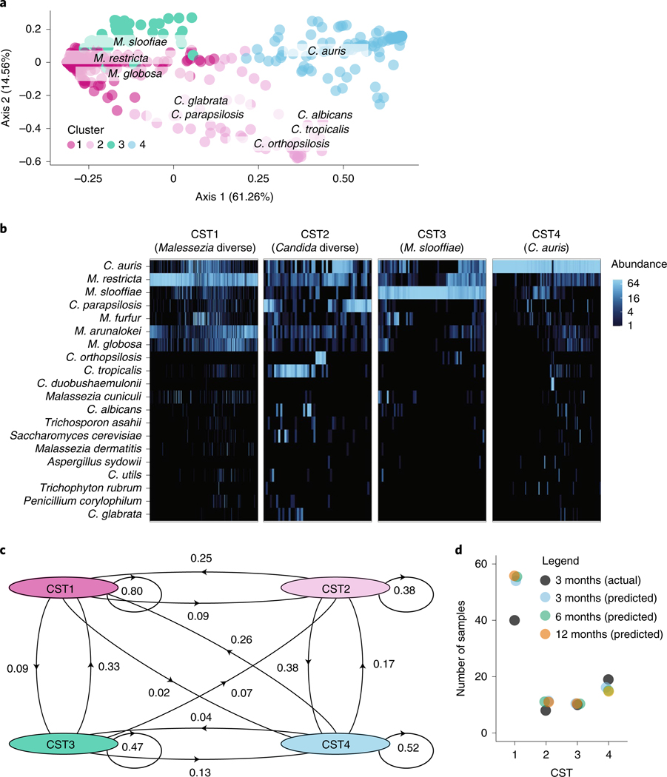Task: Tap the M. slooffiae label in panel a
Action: tap(140, 41)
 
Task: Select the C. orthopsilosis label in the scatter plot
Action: tap(291, 143)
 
